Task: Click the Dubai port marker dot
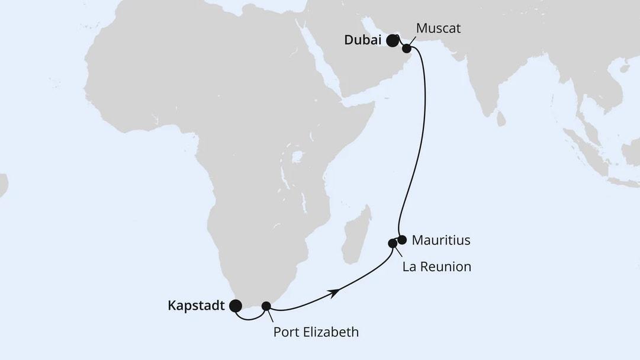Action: coord(392,41)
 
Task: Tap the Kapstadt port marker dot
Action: coord(236,306)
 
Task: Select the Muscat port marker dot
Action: coord(406,49)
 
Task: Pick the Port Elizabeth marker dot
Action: coord(266,306)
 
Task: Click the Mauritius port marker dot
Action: coord(402,240)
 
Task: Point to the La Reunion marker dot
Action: coord(392,243)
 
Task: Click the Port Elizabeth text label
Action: coord(316,332)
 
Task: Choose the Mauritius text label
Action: coord(441,240)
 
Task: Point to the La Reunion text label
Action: coord(437,266)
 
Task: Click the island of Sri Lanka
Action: coord(501,118)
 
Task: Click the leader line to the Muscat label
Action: coord(413,41)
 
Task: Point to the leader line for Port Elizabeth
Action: coord(271,316)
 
